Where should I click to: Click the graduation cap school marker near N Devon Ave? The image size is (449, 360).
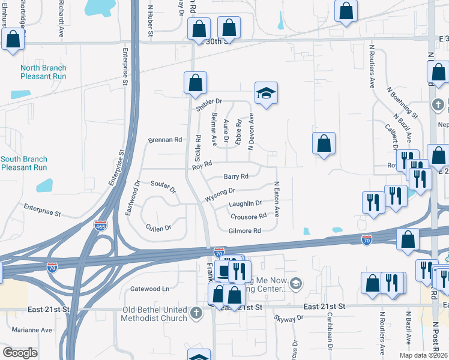(x=266, y=93)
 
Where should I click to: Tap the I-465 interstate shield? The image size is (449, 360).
(x=100, y=226)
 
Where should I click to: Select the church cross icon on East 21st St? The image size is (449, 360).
(x=196, y=313)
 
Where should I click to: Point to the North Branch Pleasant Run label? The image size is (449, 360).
(x=43, y=72)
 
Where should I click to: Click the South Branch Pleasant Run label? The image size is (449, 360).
(x=23, y=163)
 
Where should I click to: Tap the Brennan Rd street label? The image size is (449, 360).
(x=165, y=140)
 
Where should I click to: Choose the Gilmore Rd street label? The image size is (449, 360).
(x=244, y=230)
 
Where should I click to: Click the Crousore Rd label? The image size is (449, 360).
(x=248, y=217)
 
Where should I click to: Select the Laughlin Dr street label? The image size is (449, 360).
(x=246, y=204)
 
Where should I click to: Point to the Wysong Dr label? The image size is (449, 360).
(x=220, y=194)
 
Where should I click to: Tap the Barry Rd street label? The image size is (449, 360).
(x=236, y=176)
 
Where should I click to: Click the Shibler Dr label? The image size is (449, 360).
(x=209, y=104)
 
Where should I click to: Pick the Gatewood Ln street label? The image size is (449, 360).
(x=149, y=289)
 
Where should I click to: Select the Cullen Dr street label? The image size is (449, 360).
(x=158, y=227)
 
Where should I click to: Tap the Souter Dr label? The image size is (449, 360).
(x=163, y=187)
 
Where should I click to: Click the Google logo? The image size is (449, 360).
(x=19, y=353)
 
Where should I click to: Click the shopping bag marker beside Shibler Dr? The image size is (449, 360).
(x=195, y=83)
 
